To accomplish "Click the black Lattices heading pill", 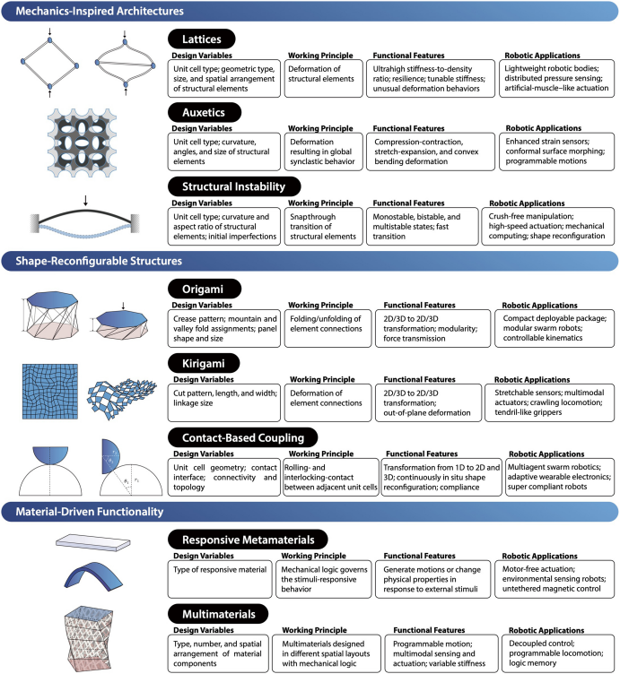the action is coord(201,39).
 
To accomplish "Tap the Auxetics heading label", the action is coord(204,113).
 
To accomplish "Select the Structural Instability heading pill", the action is coord(233,186).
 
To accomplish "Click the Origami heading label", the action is coord(204,289).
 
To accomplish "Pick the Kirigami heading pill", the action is coord(204,363).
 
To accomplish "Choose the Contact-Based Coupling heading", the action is coord(242,437).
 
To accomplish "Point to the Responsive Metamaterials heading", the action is coord(248,540).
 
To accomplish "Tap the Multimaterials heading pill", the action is coord(218,614).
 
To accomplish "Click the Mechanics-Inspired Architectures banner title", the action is coord(100,11).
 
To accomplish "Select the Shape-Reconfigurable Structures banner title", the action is coord(99,261).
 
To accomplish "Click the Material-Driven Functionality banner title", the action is coord(90,512).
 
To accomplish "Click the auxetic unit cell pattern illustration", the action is coord(82,143).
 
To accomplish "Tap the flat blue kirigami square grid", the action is coord(50,392).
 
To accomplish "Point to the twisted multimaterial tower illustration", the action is coord(88,638).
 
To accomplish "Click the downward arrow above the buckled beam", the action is coord(85,200).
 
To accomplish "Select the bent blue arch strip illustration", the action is coord(93,576).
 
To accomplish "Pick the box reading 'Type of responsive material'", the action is coord(220,579).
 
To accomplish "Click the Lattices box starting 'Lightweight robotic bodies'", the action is coord(557,78).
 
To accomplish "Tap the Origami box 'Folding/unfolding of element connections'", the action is coord(327,328).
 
